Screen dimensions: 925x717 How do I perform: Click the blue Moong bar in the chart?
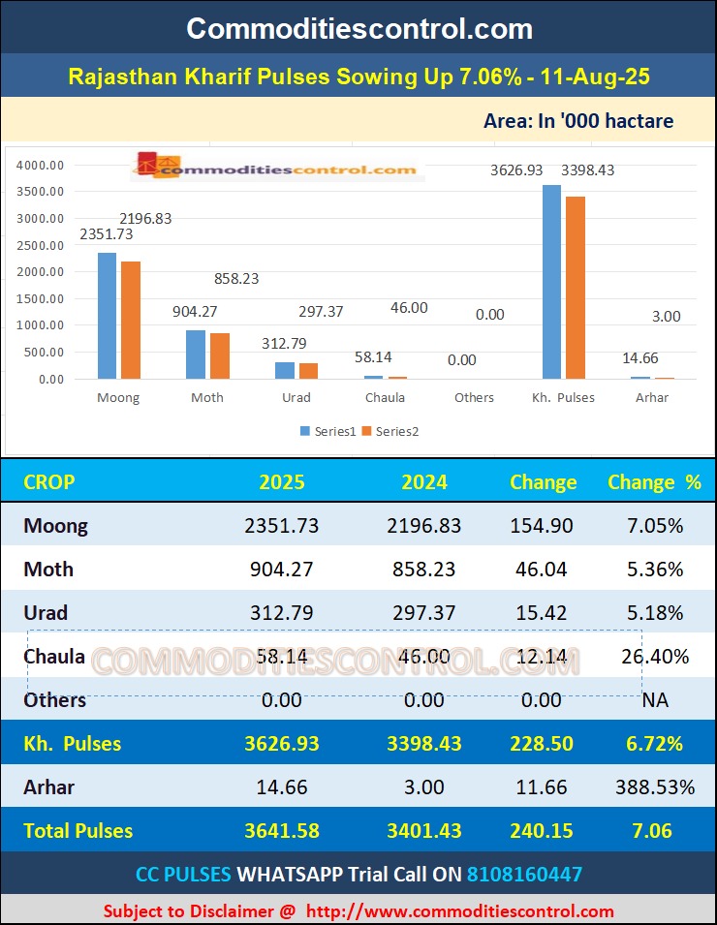tap(107, 316)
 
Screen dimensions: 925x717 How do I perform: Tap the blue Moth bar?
tap(195, 355)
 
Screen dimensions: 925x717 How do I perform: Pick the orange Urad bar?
tap(309, 371)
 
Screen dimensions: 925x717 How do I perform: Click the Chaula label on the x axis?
tap(385, 397)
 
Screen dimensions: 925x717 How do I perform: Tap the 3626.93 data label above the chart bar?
tap(516, 170)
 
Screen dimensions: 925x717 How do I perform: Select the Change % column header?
tap(654, 481)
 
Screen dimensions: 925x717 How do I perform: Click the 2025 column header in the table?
tap(282, 481)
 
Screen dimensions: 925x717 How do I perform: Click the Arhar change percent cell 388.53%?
tap(655, 787)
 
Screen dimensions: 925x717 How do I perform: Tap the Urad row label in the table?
tap(46, 613)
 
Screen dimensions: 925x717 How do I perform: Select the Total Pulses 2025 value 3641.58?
tap(282, 831)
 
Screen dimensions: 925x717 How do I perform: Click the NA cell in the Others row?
tap(655, 699)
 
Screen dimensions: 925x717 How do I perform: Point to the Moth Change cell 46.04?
tap(542, 570)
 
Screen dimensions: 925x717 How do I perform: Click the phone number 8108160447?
tap(524, 874)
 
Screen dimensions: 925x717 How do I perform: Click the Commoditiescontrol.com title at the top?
tap(358, 28)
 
